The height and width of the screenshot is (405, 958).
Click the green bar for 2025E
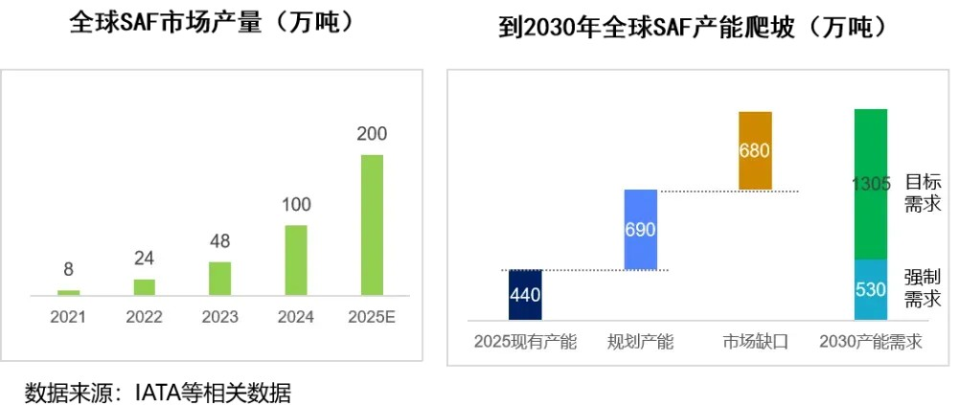372,224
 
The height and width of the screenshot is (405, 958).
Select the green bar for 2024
296,259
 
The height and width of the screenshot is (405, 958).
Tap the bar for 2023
220,278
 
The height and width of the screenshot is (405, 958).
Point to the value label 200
372,135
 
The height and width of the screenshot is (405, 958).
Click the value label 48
220,241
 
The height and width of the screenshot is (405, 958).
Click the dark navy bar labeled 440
525,295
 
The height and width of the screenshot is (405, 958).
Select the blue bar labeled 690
641,230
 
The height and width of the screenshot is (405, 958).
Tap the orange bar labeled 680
755,150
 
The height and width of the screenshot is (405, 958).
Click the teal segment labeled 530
870,289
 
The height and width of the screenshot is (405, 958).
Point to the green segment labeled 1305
870,184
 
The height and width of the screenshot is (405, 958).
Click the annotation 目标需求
923,192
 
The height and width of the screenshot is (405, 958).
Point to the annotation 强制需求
923,287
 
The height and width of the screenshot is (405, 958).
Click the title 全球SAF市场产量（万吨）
212,24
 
